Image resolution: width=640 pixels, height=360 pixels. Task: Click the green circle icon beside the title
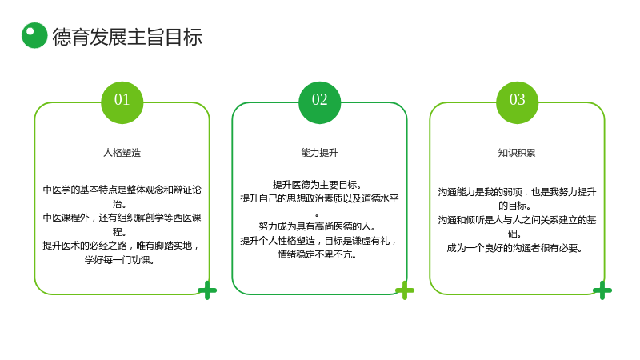(x=34, y=35)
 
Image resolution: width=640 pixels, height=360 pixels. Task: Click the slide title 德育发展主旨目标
(x=127, y=37)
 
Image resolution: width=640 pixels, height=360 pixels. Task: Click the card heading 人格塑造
(x=122, y=153)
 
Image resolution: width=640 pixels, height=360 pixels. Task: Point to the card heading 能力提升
(x=319, y=153)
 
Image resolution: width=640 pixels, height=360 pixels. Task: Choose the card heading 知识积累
(x=517, y=153)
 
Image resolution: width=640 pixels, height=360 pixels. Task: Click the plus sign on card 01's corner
(x=207, y=290)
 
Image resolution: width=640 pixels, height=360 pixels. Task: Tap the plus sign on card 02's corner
(x=405, y=290)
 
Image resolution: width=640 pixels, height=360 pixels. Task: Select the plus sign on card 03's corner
(x=602, y=290)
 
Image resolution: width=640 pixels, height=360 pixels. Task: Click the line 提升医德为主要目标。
(x=317, y=185)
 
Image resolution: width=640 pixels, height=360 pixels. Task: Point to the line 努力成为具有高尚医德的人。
(x=317, y=226)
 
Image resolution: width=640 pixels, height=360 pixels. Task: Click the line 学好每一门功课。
(x=119, y=259)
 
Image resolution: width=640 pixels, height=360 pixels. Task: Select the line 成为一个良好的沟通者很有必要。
(x=514, y=248)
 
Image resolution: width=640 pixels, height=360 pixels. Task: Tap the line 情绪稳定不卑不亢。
(x=317, y=254)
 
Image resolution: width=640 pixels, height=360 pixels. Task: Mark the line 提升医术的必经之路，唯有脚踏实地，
(x=122, y=246)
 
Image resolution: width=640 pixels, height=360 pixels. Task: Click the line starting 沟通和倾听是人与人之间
(x=517, y=220)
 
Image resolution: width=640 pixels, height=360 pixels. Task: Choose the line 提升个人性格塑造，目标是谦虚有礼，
(x=318, y=241)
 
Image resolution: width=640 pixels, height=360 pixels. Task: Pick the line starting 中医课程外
(x=122, y=218)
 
